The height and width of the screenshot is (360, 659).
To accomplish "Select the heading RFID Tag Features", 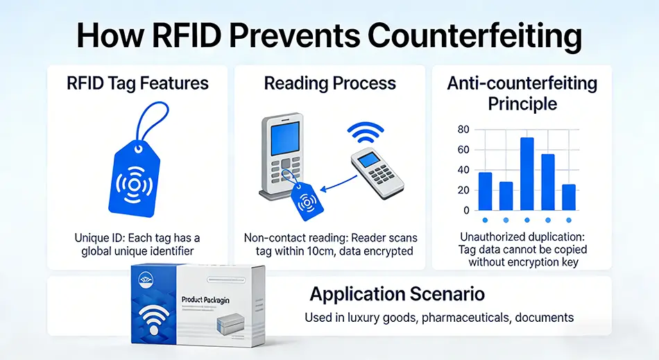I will tap(137, 84).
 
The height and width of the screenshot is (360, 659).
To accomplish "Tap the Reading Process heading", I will tap(329, 84).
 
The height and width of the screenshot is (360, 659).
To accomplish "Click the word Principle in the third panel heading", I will tap(522, 104).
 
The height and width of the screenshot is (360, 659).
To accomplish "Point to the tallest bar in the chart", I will tap(527, 173).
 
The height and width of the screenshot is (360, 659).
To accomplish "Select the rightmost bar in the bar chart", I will tap(569, 197).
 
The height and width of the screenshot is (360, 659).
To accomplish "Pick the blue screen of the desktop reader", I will tap(281, 138).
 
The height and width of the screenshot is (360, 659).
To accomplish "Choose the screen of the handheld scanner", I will tap(373, 160).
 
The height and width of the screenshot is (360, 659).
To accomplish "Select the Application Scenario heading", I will tap(397, 294).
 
